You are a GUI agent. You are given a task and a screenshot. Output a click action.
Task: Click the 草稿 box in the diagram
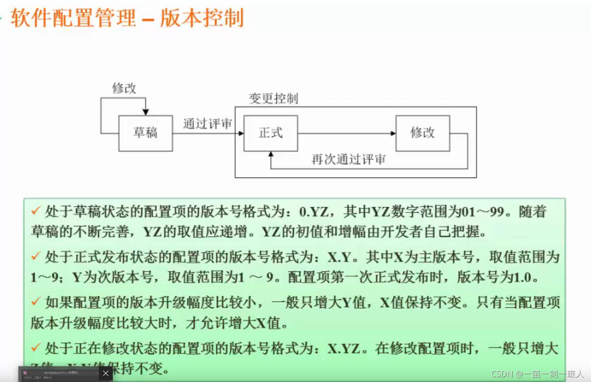pos(146,133)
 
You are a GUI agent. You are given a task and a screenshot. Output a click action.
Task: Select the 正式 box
pos(271,133)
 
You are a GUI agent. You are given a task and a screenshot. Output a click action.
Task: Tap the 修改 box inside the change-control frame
pos(423,133)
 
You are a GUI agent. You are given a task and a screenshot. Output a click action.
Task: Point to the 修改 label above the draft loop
pos(124,88)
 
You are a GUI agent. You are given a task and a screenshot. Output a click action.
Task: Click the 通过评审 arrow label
pos(207,124)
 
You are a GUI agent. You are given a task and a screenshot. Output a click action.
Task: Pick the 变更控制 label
pos(274,98)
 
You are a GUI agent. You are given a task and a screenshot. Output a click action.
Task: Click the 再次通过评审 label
pos(348,160)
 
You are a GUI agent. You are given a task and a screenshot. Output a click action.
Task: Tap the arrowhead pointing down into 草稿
pos(146,112)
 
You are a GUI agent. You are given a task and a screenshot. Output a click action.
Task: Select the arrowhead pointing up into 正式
pos(271,154)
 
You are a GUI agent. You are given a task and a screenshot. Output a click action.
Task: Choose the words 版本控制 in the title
pos(202,19)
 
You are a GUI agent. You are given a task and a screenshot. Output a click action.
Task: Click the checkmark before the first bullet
pos(36,211)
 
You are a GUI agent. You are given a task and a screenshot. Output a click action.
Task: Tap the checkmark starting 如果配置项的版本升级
pos(36,302)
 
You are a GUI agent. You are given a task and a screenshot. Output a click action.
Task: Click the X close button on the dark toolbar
pos(105,373)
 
